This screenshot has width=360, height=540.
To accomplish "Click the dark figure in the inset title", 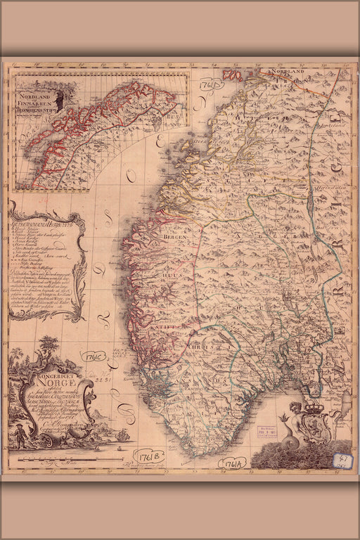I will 61,96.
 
